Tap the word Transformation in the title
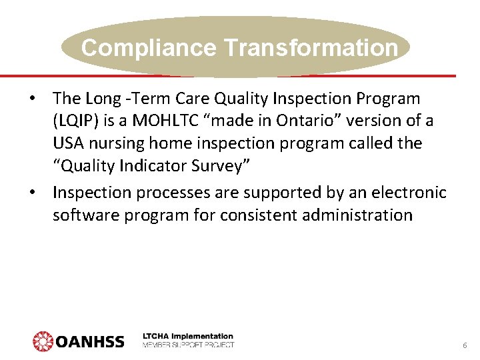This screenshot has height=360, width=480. tap(311, 48)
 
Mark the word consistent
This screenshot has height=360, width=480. tap(257, 215)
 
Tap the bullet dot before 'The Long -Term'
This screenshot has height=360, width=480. tap(31, 99)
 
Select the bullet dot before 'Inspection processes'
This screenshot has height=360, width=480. tap(31, 193)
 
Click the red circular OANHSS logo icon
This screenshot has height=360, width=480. tap(43, 341)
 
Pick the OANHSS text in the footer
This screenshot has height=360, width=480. tap(90, 341)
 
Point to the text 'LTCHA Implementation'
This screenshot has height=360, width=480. tap(188, 336)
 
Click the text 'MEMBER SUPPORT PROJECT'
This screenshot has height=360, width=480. tap(188, 345)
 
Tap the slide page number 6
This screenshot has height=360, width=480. tap(465, 346)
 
